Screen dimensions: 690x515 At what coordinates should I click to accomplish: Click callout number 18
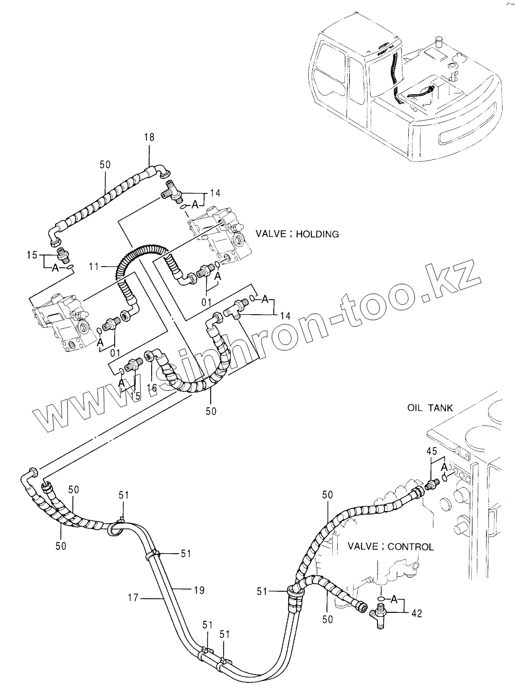(149, 137)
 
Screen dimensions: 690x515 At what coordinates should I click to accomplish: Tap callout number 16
(152, 388)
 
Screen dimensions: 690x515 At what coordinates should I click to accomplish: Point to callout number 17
(132, 597)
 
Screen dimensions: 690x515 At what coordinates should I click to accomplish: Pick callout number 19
(199, 590)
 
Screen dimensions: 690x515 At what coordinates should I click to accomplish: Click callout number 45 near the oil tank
(431, 451)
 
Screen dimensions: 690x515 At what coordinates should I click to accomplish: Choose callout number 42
(416, 613)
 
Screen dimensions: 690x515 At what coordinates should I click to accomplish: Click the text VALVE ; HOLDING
(297, 234)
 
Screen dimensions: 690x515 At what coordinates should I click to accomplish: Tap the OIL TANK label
(430, 408)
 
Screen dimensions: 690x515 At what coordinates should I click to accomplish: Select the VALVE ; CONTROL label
(390, 546)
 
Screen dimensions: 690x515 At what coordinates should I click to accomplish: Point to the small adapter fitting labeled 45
(431, 485)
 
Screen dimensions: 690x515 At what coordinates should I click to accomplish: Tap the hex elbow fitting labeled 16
(150, 357)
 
